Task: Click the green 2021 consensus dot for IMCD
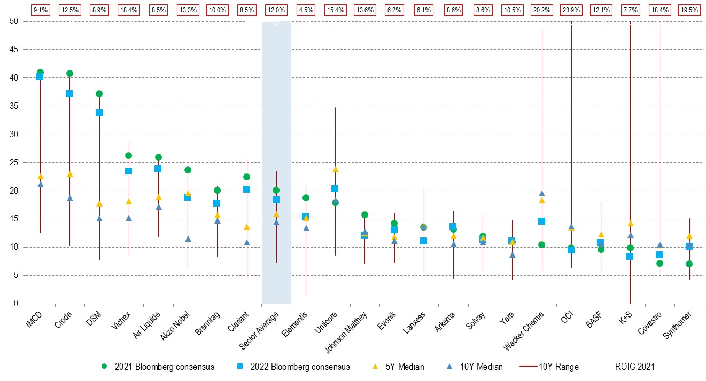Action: coord(40,73)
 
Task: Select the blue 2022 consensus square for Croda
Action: coord(69,93)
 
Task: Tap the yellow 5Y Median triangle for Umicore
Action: coord(335,170)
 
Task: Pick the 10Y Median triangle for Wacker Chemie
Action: coord(542,194)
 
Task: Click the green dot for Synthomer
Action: coord(689,264)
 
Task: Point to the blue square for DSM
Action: coord(99,113)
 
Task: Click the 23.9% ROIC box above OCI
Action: coord(571,10)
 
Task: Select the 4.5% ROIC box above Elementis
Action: coord(306,10)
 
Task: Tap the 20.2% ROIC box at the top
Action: coord(542,10)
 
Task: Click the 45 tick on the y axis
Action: coord(14,50)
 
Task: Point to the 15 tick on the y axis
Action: coord(14,219)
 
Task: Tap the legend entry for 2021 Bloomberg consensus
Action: coord(159,367)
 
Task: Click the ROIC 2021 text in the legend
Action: coord(635,367)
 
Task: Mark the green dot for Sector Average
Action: coord(276,190)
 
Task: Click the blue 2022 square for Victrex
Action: coord(128,171)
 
